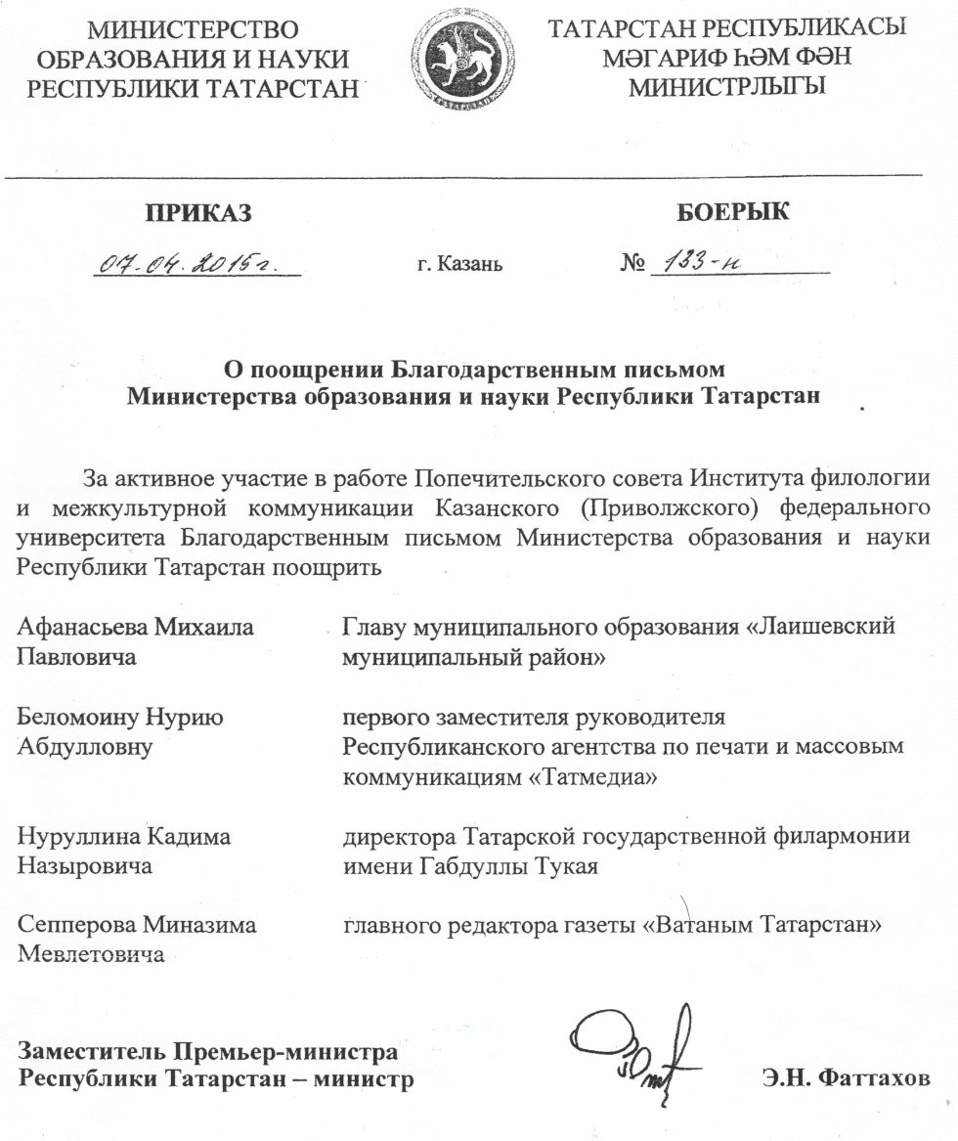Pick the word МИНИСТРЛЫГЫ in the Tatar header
pos(728,86)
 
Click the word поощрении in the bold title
pos(310,371)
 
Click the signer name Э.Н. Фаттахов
pos(846,1079)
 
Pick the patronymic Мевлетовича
pos(92,955)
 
